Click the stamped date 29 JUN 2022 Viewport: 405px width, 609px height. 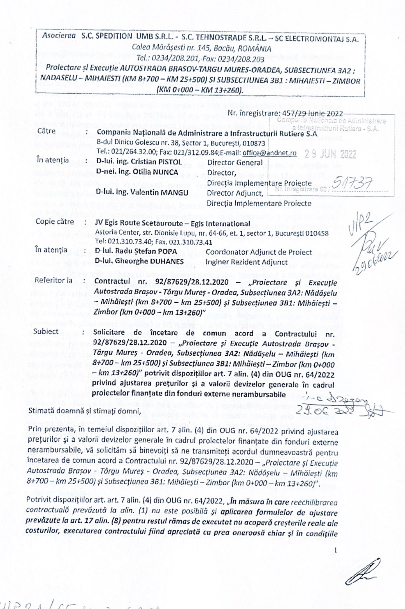pyautogui.click(x=331, y=154)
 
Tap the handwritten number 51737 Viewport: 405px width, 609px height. pyautogui.click(x=353, y=183)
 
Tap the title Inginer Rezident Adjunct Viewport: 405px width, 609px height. pyautogui.click(x=246, y=262)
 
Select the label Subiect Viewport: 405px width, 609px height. pyautogui.click(x=46, y=331)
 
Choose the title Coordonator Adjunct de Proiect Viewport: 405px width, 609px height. pyautogui.click(x=259, y=252)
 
